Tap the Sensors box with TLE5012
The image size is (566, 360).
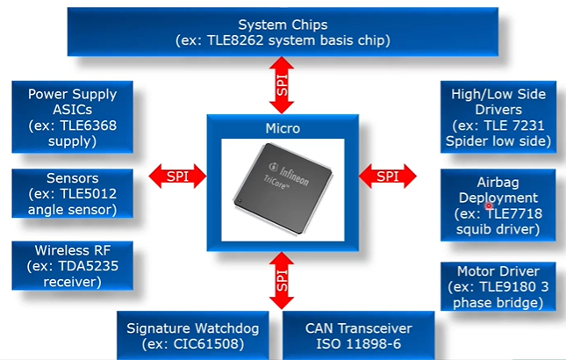72,193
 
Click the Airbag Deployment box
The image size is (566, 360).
498,205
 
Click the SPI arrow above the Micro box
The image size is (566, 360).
281,86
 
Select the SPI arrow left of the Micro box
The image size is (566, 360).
176,176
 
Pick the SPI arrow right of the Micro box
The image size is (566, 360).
387,176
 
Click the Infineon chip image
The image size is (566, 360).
281,184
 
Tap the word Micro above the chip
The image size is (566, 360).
282,128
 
